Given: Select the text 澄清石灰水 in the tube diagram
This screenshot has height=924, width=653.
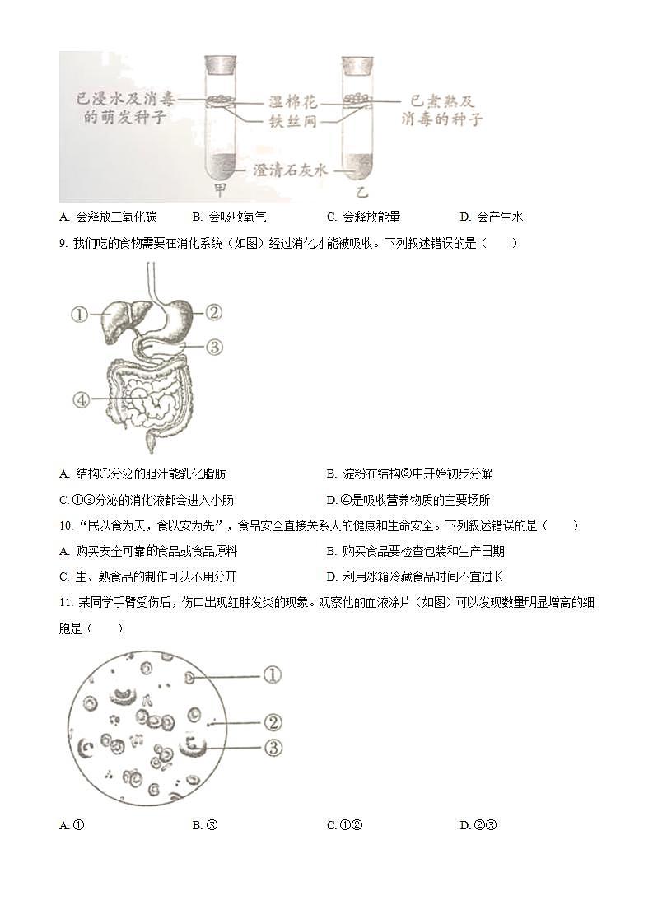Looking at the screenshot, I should click(288, 170).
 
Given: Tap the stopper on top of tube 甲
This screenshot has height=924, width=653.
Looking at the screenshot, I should click(220, 64).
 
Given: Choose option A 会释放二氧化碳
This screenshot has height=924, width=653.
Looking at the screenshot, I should click(108, 217).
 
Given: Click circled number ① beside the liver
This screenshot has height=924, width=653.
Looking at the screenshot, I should click(80, 314).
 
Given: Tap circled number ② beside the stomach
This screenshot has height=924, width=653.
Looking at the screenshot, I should click(212, 312).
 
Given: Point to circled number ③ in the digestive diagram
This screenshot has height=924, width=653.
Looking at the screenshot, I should click(212, 347).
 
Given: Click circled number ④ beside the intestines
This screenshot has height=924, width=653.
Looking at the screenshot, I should click(80, 400).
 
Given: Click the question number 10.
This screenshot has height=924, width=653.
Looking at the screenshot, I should click(67, 525).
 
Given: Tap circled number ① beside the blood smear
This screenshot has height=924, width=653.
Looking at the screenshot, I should click(273, 675).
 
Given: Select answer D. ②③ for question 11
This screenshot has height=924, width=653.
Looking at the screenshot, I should click(479, 825).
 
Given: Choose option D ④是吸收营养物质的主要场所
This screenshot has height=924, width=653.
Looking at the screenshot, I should click(408, 500).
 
